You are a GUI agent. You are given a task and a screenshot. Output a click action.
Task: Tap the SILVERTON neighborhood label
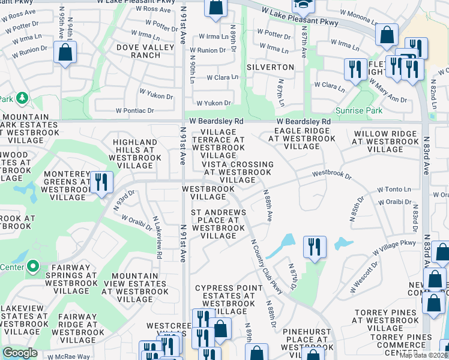(x=274, y=67)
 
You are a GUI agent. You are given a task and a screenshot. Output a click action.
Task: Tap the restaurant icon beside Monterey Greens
(x=100, y=182)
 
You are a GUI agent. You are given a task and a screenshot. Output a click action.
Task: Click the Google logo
(x=20, y=353)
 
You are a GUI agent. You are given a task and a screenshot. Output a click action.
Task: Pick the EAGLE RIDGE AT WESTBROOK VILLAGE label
(x=301, y=138)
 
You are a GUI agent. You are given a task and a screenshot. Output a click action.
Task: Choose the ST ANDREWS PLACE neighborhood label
(x=218, y=224)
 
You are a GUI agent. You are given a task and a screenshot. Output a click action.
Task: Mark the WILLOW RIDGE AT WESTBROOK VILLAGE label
(x=385, y=141)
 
